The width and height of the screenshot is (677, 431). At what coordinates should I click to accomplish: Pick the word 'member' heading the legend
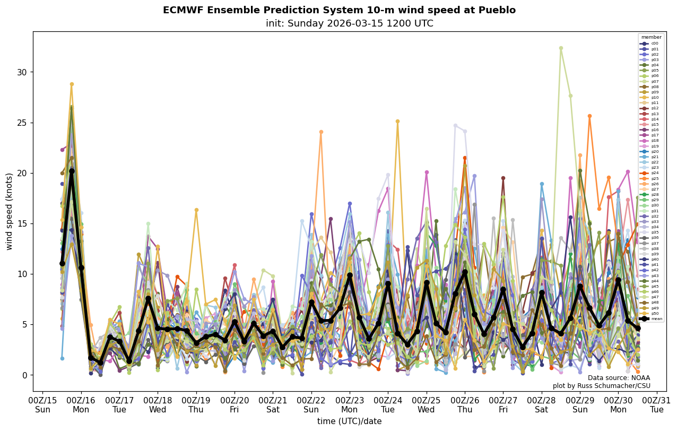[x=652, y=37]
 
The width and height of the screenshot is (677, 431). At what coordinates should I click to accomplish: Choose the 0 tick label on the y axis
[x=24, y=375]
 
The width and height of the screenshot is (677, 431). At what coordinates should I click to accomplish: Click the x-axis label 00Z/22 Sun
[x=311, y=405]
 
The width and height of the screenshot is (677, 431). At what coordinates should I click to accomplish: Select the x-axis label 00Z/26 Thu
[x=465, y=405]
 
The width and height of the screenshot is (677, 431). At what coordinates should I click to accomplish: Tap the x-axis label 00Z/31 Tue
[x=657, y=405]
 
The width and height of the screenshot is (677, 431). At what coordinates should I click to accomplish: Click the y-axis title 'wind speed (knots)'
[x=10, y=211]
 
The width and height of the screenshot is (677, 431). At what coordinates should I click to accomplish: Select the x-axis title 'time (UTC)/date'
[x=349, y=421]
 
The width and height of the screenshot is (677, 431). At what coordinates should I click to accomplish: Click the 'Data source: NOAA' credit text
[x=619, y=378]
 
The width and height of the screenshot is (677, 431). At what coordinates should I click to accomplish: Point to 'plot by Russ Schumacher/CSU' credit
[x=601, y=386]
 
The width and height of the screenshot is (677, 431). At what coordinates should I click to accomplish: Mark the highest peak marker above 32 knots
[x=561, y=48]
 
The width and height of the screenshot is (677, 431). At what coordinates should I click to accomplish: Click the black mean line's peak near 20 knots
[x=72, y=171]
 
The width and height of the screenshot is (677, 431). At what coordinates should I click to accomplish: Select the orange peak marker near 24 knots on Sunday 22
[x=321, y=132]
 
